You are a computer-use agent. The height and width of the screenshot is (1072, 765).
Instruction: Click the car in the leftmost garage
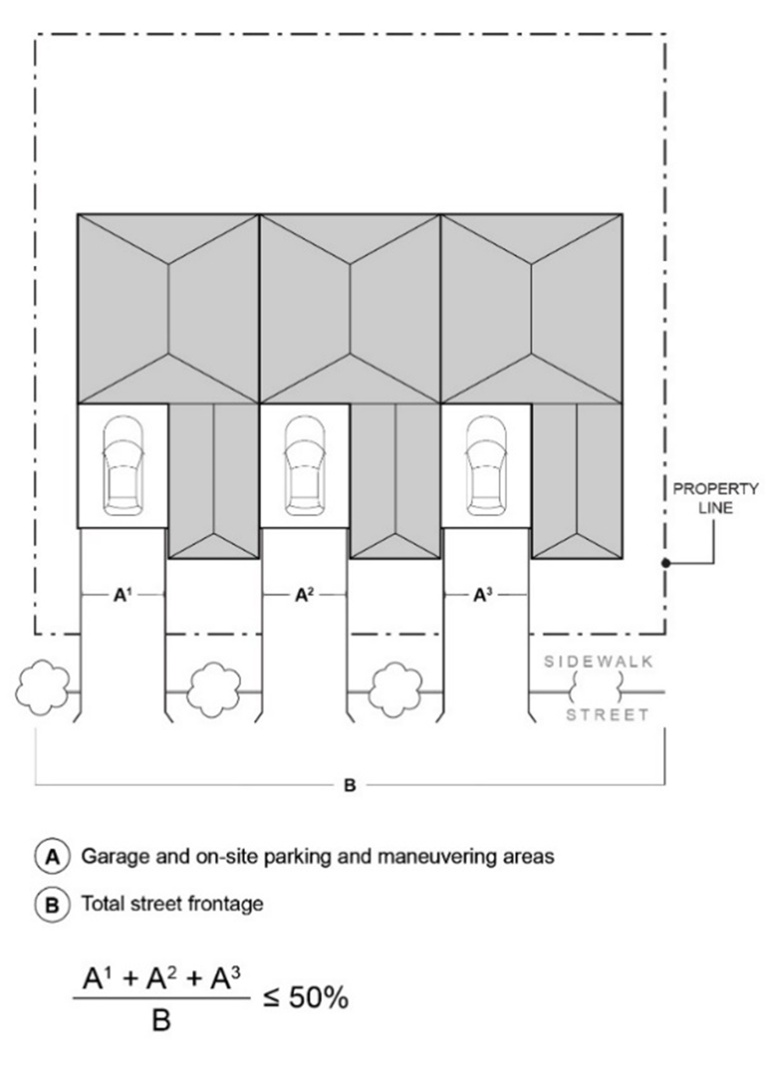pos(122,466)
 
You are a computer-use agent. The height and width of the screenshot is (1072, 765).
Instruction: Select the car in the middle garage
pos(305,466)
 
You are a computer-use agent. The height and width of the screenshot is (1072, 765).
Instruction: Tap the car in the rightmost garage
pos(487,466)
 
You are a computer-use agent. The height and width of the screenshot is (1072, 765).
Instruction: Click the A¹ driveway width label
pos(122,595)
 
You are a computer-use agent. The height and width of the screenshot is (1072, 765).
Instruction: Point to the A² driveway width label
pos(304,595)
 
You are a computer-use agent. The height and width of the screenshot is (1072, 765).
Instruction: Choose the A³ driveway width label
pos(483,595)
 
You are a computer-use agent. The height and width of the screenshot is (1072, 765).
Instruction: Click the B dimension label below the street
pos(349,785)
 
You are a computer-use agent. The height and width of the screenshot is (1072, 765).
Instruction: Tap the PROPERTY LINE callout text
pos(715,498)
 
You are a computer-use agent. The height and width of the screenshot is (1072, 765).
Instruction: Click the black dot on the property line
pos(665,562)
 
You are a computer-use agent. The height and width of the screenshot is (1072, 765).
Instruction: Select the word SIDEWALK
pos(598,662)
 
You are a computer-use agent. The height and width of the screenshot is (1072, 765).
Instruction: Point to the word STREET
pos(607,715)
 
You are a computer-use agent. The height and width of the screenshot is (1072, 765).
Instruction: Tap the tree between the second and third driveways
pos(395,689)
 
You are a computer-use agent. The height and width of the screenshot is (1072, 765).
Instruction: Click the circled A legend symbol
pos(52,857)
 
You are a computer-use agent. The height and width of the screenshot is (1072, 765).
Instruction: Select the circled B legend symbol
pos(52,904)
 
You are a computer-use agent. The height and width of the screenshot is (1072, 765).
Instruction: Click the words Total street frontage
pos(172,904)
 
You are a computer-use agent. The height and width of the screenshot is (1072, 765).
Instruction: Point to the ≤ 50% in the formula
pos(306,997)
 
